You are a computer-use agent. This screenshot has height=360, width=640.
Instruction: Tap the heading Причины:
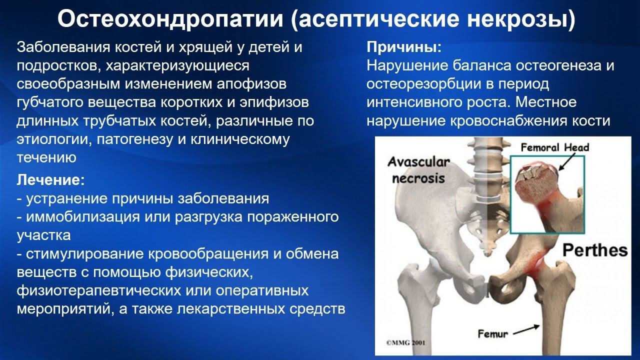[x=404, y=48]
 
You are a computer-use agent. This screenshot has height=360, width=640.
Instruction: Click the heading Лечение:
[x=51, y=179]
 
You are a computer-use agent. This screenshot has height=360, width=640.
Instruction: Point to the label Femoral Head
[x=555, y=147]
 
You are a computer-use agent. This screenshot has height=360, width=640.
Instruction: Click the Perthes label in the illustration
[x=595, y=249]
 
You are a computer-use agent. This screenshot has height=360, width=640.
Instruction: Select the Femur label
[x=493, y=333]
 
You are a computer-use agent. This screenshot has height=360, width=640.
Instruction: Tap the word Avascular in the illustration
[x=419, y=162]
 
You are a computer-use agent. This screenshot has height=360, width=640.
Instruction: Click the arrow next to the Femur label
[x=526, y=329]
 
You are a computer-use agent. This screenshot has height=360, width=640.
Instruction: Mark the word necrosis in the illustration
[x=418, y=178]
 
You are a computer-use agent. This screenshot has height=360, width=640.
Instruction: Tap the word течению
[x=46, y=157]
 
